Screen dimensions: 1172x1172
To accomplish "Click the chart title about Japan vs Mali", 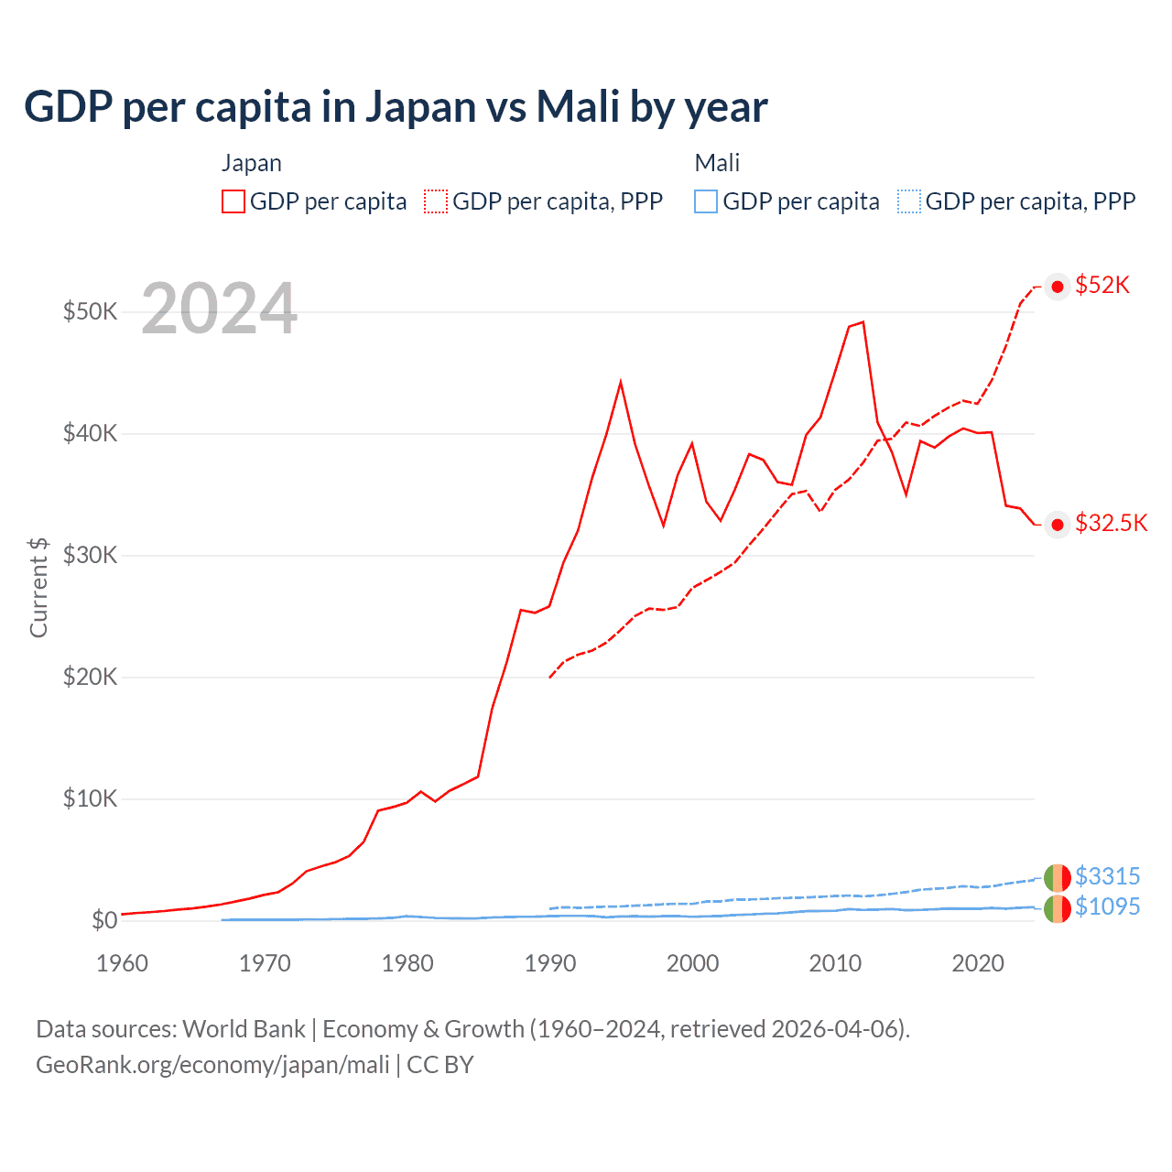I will coord(396,107).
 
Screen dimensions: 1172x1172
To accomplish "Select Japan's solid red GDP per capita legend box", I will coord(233,201).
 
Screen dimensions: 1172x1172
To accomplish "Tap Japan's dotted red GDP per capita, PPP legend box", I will coord(436,201).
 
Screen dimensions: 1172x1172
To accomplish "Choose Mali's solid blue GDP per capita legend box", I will coord(706,201).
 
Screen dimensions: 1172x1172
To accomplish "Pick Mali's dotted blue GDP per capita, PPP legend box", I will coord(908,201).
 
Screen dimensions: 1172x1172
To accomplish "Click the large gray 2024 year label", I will coord(219,309).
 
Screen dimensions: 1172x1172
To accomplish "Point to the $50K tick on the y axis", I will coord(90,311).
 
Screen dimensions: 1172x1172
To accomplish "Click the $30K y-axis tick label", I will coord(90,555).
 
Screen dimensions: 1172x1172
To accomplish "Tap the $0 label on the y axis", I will coord(104,920).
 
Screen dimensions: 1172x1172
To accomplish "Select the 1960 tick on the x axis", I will coord(122,963).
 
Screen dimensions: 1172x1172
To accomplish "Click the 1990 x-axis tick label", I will coord(549,963).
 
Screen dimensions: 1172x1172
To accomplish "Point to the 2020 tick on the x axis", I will coord(978,963).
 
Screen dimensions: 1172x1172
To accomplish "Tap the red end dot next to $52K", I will coord(1058,287).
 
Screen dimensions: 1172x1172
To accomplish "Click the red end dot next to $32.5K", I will coord(1058,525).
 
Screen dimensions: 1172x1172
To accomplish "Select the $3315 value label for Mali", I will coord(1107,876).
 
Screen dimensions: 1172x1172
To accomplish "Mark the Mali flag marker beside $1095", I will coord(1058,908).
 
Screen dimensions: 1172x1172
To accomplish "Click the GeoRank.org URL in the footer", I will coord(212,1065).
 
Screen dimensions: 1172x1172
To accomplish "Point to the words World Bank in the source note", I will coord(244,1029).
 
